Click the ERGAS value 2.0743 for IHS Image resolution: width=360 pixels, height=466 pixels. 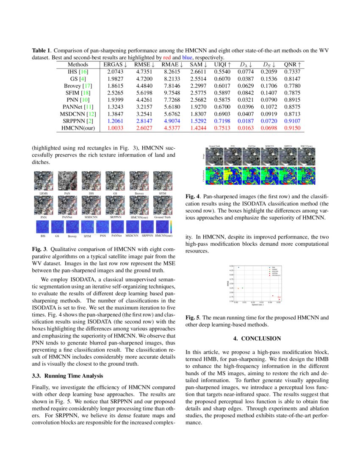tap(112, 72)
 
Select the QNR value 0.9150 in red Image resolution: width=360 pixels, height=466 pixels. tap(293, 128)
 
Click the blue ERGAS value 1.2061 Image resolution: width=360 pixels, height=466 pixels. tap(112, 121)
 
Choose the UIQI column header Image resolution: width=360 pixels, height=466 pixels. tap(222, 65)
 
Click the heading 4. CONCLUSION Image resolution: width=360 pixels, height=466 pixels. tap(257, 338)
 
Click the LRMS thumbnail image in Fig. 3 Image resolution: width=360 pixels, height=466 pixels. tap(44, 181)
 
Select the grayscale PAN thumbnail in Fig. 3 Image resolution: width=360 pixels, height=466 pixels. tap(67, 181)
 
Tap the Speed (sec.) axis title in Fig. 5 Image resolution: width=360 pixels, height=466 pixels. tap(258, 305)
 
